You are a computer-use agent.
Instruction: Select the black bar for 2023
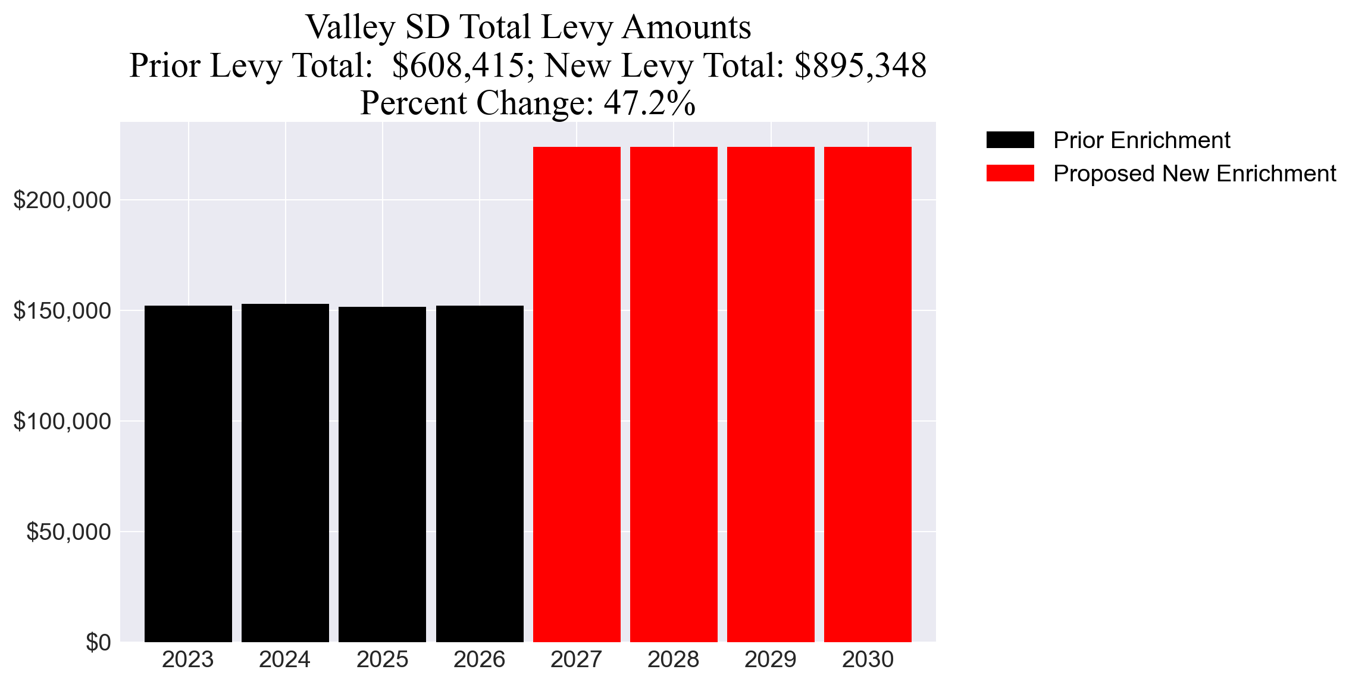188,473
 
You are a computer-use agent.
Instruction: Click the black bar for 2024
285,473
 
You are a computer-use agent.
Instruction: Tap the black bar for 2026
480,473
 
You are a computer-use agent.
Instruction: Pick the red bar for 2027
577,394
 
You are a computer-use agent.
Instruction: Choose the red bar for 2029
771,394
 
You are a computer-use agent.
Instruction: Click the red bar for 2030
868,394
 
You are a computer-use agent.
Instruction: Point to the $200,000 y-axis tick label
62,200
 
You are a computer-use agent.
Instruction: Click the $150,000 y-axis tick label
62,311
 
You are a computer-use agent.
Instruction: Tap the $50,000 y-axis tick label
68,532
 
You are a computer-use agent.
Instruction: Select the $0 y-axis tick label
98,642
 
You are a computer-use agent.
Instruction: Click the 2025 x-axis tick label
382,659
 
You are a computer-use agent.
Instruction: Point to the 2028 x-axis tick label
673,659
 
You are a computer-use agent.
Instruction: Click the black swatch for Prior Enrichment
1010,140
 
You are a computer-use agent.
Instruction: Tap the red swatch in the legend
1010,174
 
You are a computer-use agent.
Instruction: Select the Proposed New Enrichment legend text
1194,174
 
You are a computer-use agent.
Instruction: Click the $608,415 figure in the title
458,65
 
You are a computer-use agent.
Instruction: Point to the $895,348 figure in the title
860,65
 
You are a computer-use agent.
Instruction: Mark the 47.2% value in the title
649,103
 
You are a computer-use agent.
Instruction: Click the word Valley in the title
350,27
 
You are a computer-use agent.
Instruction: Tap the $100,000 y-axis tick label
62,422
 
